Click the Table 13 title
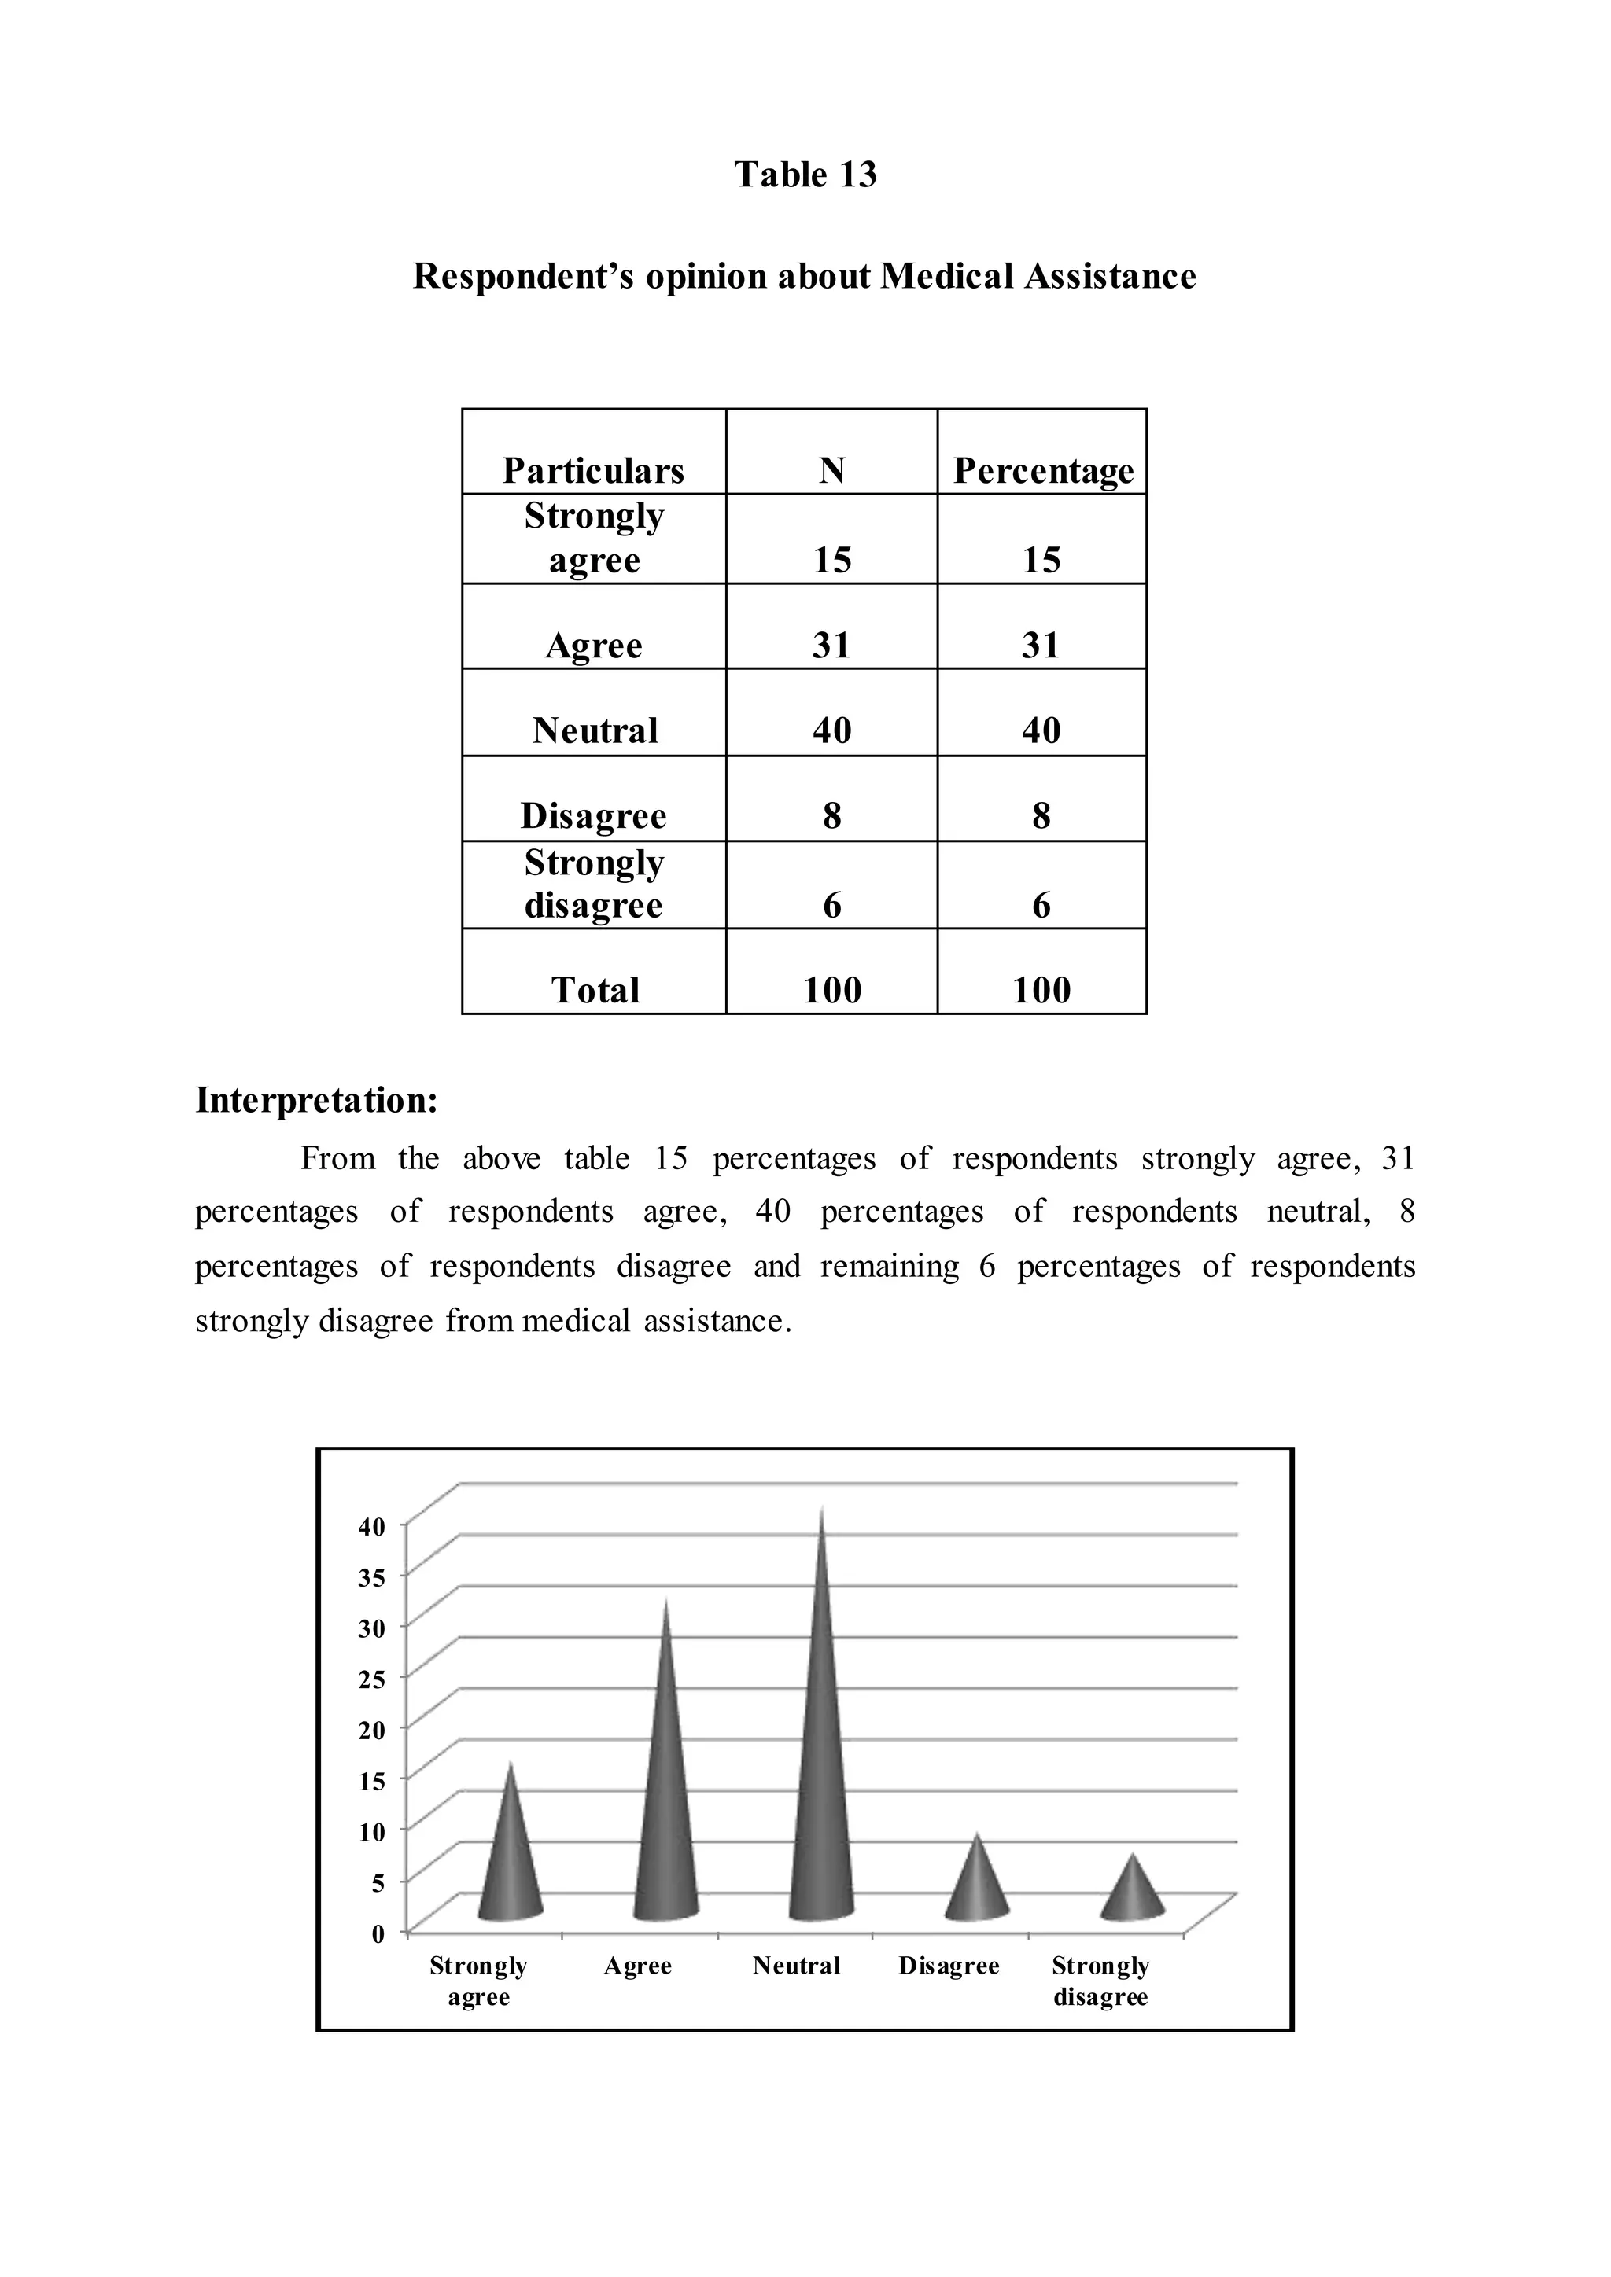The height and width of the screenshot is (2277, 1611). tap(805, 175)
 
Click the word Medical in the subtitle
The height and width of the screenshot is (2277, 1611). tap(947, 276)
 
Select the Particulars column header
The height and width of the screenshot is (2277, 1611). tap(593, 470)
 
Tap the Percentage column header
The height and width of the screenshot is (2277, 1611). tap(1042, 470)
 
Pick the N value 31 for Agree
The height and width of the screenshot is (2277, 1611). tap(831, 646)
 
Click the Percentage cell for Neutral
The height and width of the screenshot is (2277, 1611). tap(1041, 731)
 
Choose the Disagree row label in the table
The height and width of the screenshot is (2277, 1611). tap(593, 816)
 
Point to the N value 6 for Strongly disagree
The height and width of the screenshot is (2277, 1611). tap(831, 904)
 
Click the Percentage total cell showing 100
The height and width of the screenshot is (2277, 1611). tap(1041, 990)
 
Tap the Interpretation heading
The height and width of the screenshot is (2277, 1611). tap(316, 1100)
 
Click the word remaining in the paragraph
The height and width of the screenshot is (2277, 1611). tap(889, 1267)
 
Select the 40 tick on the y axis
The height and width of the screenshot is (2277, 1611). tap(372, 1527)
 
